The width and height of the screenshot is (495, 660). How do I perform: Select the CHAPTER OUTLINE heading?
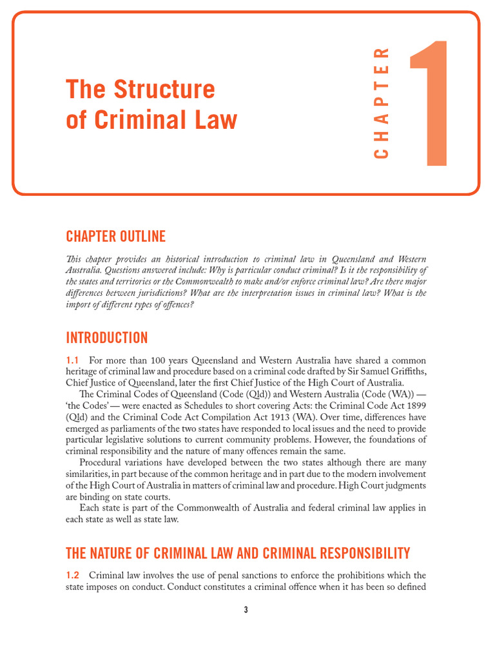[x=115, y=236]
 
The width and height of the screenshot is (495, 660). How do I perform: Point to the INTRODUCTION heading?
[x=106, y=338]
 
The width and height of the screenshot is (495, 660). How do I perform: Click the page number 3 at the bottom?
[x=246, y=610]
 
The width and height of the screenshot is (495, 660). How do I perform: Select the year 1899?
[x=414, y=405]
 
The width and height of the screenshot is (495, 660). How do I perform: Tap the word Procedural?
[x=104, y=463]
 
